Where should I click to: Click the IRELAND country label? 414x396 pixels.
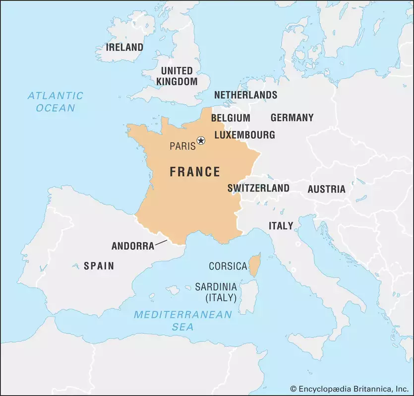click(125, 48)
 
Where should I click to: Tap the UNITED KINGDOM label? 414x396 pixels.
click(177, 76)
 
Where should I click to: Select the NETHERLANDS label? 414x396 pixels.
click(245, 95)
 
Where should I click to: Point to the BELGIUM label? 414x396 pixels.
click(231, 118)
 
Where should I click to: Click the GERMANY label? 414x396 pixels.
click(292, 118)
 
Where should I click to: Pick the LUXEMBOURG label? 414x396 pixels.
click(244, 135)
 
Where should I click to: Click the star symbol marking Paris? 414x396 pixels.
click(201, 141)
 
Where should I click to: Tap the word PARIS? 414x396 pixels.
click(182, 146)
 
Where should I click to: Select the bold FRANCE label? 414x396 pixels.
click(195, 172)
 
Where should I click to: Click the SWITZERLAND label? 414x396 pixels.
click(258, 188)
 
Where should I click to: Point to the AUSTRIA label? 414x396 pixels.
click(326, 189)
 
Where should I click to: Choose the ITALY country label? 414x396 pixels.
click(281, 226)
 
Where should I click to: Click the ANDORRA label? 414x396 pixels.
click(133, 246)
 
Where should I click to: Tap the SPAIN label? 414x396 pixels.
click(99, 266)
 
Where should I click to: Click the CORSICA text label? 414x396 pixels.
click(228, 266)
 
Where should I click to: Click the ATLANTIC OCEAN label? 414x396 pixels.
click(55, 101)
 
